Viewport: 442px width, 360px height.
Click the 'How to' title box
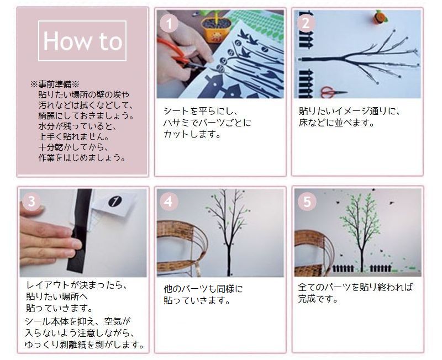pos(82,41)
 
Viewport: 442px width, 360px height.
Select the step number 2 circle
pos(306,23)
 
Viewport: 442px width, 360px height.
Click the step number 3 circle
pos(32,202)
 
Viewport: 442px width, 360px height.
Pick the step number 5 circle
pos(306,202)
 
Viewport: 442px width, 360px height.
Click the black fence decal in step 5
pos(354,269)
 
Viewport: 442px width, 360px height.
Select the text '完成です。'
pos(318,299)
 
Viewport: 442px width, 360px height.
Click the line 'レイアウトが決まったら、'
pos(77,285)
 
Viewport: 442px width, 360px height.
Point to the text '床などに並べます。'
pos(336,122)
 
